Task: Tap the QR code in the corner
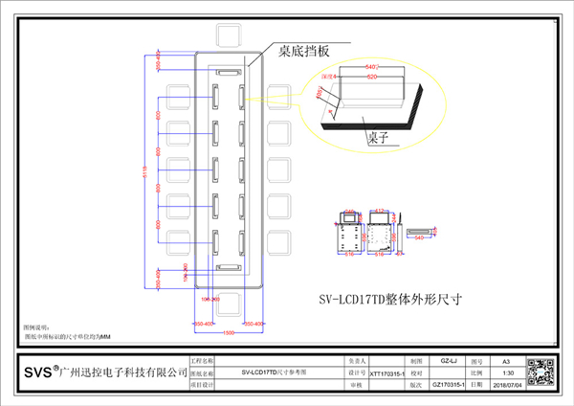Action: pyautogui.click(x=541, y=370)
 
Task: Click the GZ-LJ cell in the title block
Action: pyautogui.click(x=445, y=359)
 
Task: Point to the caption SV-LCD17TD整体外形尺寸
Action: pyautogui.click(x=389, y=298)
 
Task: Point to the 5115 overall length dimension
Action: pyautogui.click(x=145, y=172)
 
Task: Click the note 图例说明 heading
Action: pyautogui.click(x=35, y=327)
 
